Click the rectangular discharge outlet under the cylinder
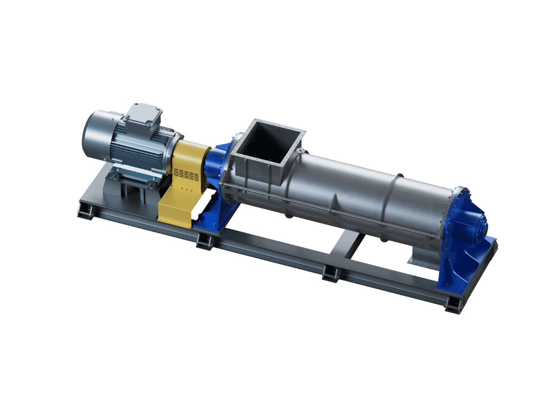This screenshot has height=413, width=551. pyautogui.click(x=420, y=257)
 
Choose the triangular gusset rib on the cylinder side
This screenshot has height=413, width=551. pyautogui.click(x=335, y=202)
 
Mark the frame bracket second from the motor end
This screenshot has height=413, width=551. pyautogui.click(x=204, y=241)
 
